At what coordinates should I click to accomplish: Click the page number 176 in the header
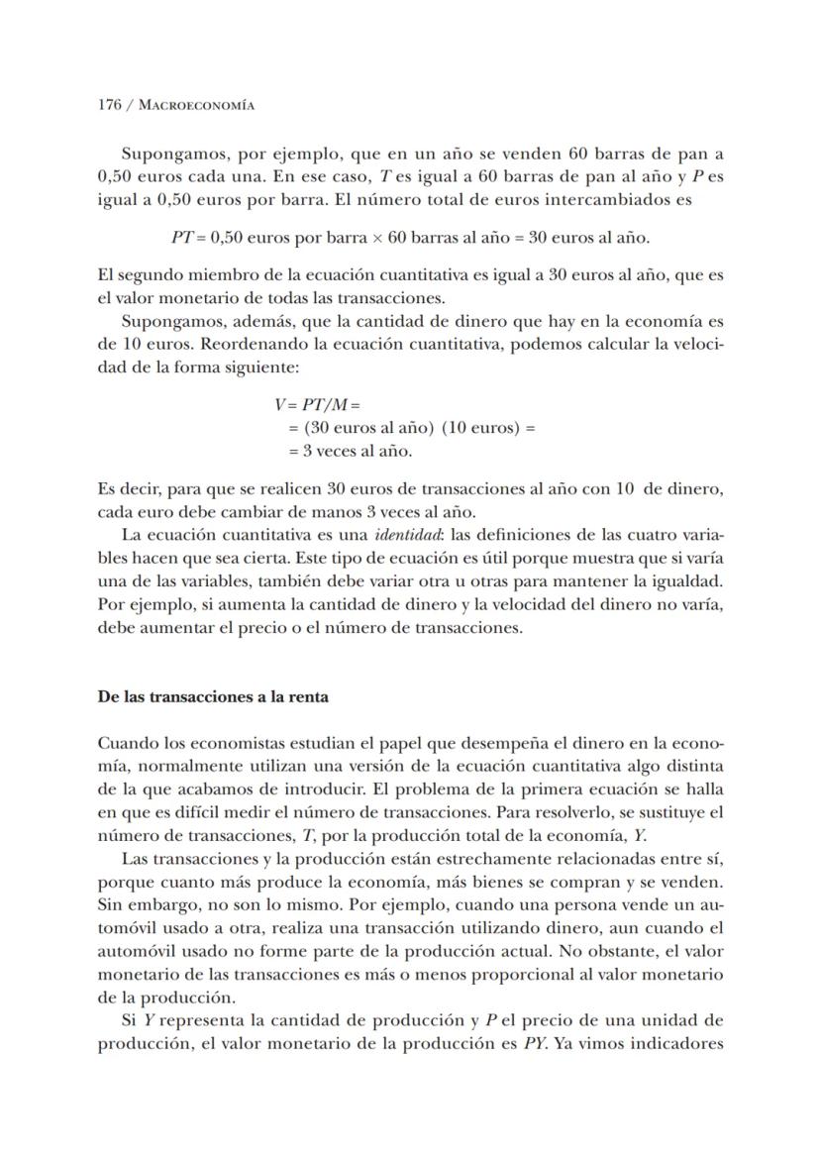[x=110, y=104]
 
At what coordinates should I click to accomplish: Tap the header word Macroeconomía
[x=196, y=104]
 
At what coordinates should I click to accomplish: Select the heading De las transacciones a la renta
[x=213, y=696]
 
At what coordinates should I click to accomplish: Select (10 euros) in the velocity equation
[x=487, y=428]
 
